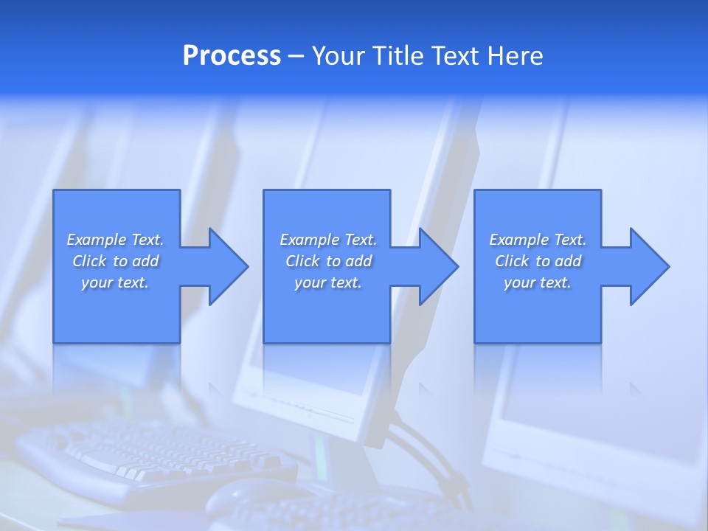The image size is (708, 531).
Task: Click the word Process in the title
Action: pos(232,56)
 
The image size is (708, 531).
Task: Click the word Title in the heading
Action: pos(400,56)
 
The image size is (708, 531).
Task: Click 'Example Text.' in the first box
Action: pos(115,240)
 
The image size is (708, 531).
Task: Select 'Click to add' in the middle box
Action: pos(328,261)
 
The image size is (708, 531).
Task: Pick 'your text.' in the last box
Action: pos(538,282)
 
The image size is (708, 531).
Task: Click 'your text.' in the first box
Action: pos(115,282)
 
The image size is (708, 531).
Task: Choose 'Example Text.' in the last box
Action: pos(538,240)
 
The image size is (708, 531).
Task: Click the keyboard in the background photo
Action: pos(147,450)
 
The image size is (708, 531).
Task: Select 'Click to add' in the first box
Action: pos(115,261)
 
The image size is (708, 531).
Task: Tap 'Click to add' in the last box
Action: pos(538,261)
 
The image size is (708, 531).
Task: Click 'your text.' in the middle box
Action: pos(328,282)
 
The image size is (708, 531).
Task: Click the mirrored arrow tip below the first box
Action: pos(215,388)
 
